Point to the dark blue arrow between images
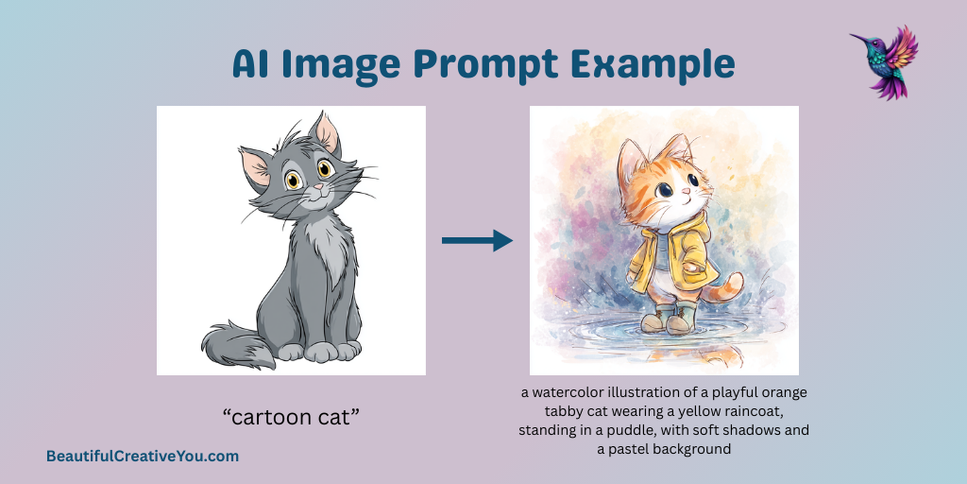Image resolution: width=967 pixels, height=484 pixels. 477,241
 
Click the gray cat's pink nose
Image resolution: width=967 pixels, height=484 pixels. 317,186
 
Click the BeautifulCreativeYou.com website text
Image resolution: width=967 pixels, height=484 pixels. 143,457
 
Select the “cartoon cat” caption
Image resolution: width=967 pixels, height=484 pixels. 291,417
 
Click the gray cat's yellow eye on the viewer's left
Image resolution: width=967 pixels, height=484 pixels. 294,180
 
